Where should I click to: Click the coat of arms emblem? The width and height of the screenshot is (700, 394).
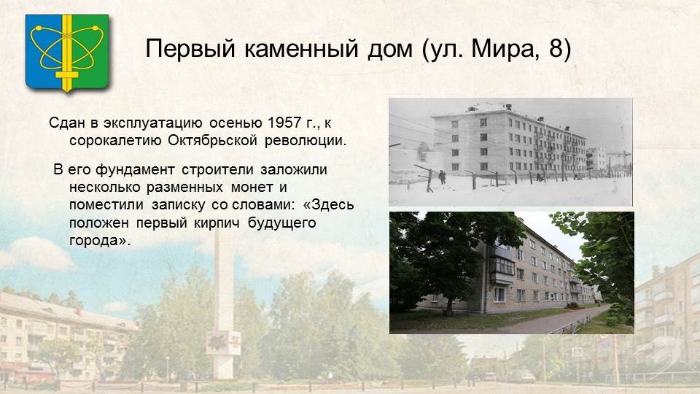pos(67,53)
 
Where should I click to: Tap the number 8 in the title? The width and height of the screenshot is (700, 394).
pos(556,48)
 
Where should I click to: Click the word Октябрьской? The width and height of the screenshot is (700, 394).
pos(212,140)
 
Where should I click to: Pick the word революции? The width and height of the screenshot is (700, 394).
pos(306,141)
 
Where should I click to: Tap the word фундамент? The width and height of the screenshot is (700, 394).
pos(135,170)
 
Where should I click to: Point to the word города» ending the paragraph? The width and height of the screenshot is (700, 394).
pos(100,241)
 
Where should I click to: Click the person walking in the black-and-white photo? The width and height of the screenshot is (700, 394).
pos(442,177)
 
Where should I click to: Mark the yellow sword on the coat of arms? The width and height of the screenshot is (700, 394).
pos(67,53)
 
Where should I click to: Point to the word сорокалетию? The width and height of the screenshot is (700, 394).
pos(115,141)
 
